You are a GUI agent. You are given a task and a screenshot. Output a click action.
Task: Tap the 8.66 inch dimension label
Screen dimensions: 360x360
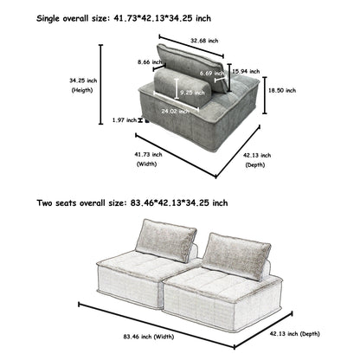150,62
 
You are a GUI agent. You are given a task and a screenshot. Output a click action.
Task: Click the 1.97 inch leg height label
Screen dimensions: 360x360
125,120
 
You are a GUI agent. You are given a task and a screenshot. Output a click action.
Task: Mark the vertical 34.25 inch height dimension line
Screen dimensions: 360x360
102,87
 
